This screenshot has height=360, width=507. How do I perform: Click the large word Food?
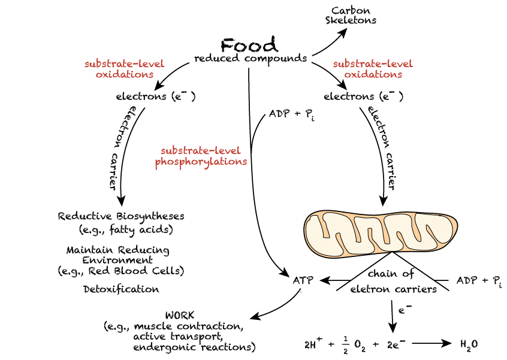[x=249, y=45]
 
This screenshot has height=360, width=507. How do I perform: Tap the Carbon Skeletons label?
[x=351, y=15]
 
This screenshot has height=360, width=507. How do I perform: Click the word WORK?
[x=180, y=315]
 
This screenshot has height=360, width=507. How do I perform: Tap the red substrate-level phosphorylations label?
[x=201, y=156]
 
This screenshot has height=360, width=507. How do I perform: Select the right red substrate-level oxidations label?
[x=373, y=69]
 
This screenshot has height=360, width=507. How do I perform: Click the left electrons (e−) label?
[x=155, y=96]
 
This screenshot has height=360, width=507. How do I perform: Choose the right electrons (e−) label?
[x=363, y=96]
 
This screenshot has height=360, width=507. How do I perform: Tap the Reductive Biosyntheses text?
[x=121, y=216]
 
